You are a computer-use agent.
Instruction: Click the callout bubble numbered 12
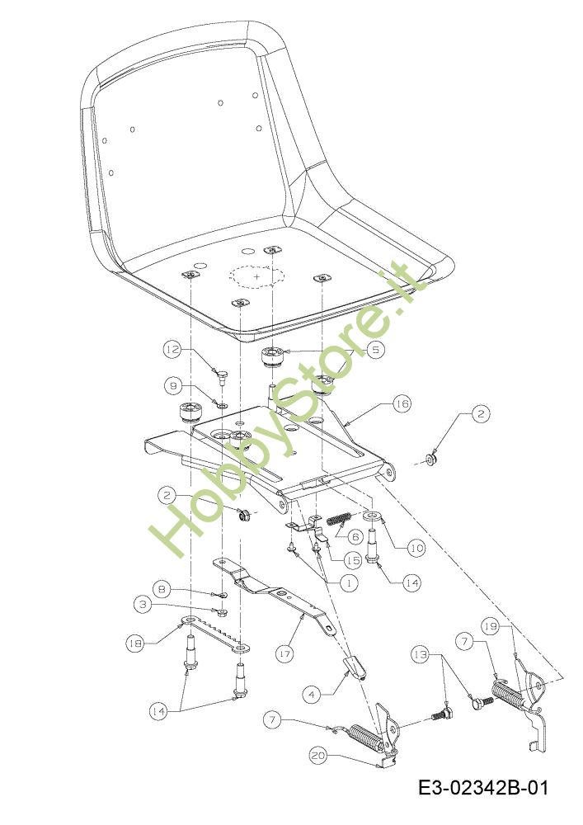pyautogui.click(x=171, y=350)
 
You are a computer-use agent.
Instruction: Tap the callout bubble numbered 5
pyautogui.click(x=374, y=350)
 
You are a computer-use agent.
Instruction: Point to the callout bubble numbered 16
pyautogui.click(x=402, y=404)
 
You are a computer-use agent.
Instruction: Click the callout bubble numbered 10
pyautogui.click(x=415, y=547)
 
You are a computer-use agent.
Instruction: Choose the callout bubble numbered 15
pyautogui.click(x=352, y=560)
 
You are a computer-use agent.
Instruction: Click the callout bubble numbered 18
pyautogui.click(x=134, y=643)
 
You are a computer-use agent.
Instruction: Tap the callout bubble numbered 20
pyautogui.click(x=318, y=754)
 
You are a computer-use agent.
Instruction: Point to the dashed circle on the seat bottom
pyautogui.click(x=256, y=277)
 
